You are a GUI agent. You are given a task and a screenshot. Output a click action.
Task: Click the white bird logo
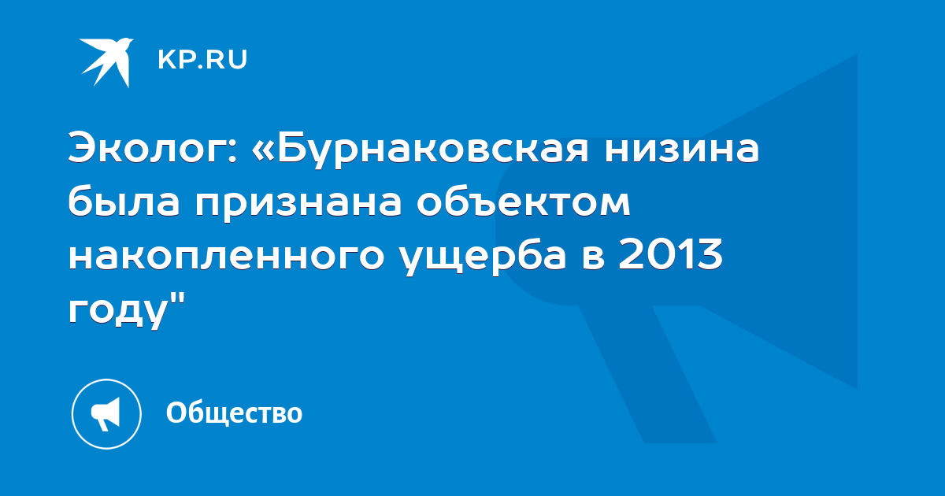[x=106, y=62]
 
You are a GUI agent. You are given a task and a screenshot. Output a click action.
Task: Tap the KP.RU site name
[x=202, y=60]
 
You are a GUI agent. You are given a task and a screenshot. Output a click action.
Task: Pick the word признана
[x=298, y=205]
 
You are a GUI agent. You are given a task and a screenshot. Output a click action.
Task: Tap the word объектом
[x=523, y=203]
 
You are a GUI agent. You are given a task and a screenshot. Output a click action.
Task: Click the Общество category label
[x=234, y=413]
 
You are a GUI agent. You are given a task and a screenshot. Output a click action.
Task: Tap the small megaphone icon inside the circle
[x=106, y=413]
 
